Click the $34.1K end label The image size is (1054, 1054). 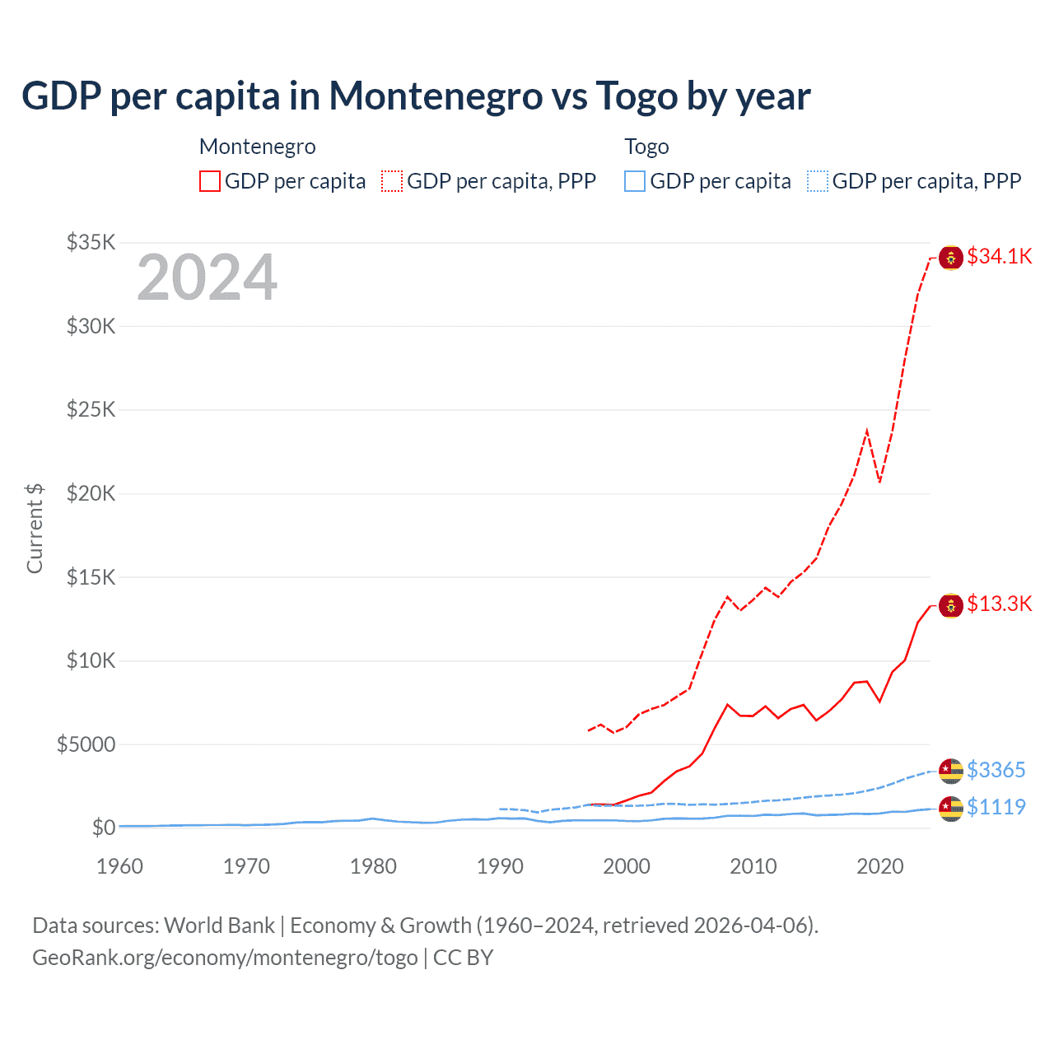coord(999,256)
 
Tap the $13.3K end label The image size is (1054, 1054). coord(999,604)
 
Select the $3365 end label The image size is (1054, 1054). coord(996,770)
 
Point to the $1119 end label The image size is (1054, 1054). coord(996,807)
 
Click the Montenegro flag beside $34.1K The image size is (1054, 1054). coord(951,258)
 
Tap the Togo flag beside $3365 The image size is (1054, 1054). coord(951,772)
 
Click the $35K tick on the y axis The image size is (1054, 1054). coord(91,242)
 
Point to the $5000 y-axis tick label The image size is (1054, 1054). coord(86,744)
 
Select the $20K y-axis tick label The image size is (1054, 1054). coord(91,493)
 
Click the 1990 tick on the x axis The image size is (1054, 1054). coord(500,866)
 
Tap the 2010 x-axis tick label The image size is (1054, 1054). coord(753,866)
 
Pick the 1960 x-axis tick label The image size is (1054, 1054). coord(120,866)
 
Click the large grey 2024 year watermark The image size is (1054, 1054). coord(208,277)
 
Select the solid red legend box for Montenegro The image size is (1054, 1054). coord(210,181)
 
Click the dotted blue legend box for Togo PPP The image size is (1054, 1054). coord(818,181)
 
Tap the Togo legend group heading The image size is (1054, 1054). coord(646,147)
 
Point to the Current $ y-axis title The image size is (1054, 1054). coord(35,529)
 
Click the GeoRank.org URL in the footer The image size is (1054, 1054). coord(225,958)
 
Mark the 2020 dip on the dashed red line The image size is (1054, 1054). coord(879,482)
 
